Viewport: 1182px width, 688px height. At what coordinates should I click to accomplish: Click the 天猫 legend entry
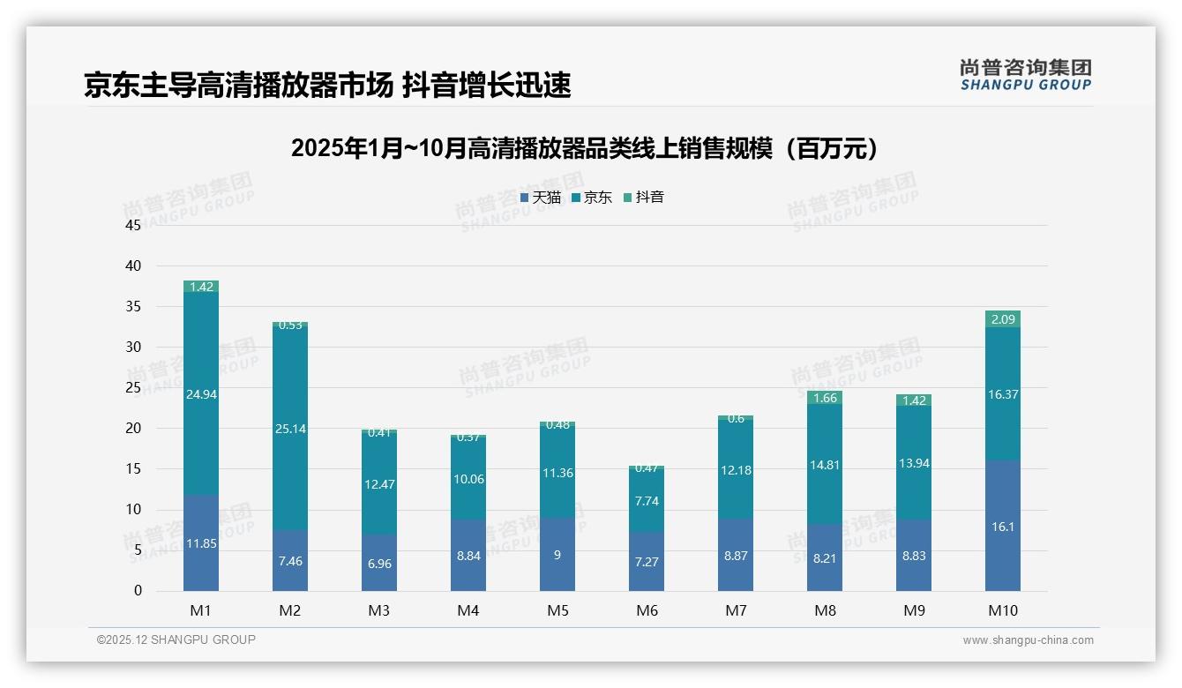pyautogui.click(x=541, y=198)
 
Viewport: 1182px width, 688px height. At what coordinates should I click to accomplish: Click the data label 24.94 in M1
pyautogui.click(x=201, y=394)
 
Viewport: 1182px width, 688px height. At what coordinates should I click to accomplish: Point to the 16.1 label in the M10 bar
pyautogui.click(x=1003, y=526)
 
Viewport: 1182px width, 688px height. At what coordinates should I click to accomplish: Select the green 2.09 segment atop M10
pyautogui.click(x=1003, y=319)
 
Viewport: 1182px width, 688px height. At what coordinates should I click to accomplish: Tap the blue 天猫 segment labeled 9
pyautogui.click(x=557, y=555)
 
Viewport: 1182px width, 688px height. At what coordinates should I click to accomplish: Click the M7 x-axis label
pyautogui.click(x=736, y=610)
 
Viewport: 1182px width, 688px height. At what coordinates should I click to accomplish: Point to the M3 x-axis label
pyautogui.click(x=379, y=610)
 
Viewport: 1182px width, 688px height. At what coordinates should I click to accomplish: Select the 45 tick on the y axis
pyautogui.click(x=133, y=225)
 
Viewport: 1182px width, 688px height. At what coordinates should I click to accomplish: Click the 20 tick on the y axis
pyautogui.click(x=133, y=429)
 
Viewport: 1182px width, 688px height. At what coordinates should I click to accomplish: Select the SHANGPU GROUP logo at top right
pyautogui.click(x=1025, y=75)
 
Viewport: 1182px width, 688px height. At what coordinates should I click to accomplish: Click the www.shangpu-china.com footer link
pyautogui.click(x=1028, y=640)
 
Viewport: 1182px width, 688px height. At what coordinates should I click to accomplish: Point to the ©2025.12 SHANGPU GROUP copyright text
pyautogui.click(x=176, y=639)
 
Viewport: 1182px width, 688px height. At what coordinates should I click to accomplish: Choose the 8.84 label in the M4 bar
pyautogui.click(x=468, y=556)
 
